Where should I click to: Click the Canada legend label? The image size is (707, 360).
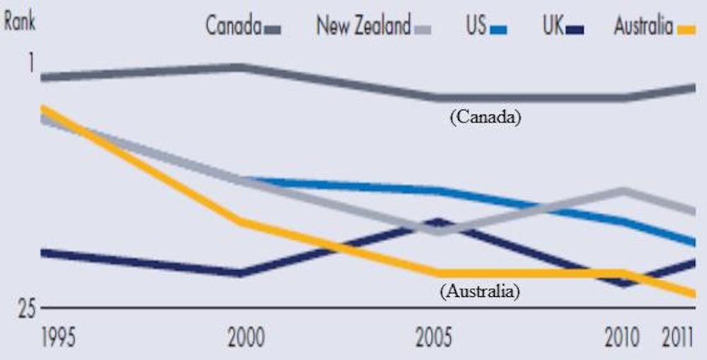point(233,27)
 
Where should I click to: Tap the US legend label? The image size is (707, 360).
point(475,27)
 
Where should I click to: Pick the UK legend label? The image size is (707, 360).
point(554,27)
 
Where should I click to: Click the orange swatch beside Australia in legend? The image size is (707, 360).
point(686,30)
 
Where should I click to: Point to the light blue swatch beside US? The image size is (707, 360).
point(498,30)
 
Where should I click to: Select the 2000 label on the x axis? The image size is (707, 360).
point(245,337)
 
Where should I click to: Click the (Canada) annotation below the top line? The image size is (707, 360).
point(485,117)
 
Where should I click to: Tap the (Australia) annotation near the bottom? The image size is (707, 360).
point(479,290)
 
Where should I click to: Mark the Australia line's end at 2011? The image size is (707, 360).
point(694,294)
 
